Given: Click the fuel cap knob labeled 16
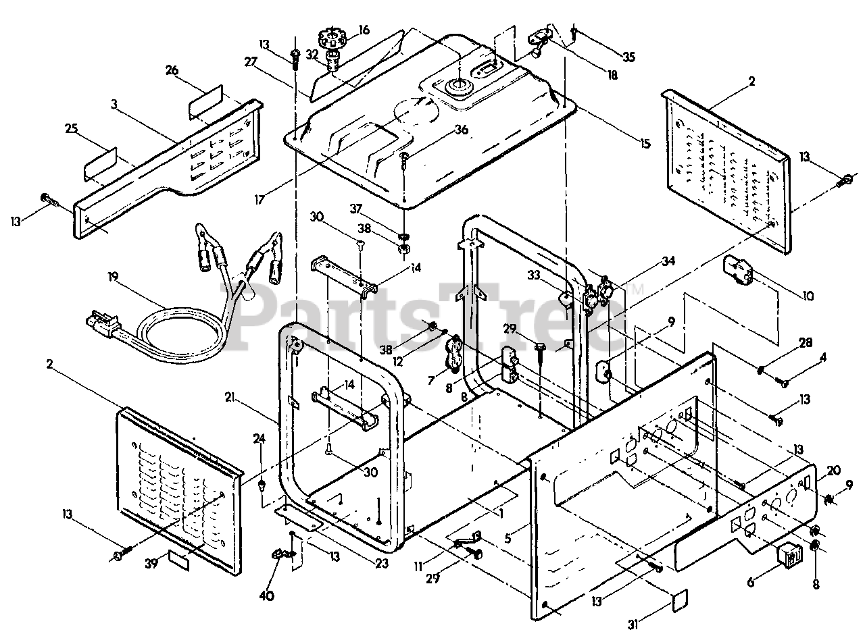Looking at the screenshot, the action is tap(331, 38).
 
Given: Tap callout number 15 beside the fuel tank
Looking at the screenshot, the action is tap(644, 144).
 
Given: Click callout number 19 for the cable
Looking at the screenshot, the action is tap(113, 277).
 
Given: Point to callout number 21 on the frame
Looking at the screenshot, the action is tap(230, 398).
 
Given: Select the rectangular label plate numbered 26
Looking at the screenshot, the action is tap(205, 101).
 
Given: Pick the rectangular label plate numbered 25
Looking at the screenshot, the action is tap(100, 164).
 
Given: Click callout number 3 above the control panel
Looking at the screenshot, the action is tap(114, 104).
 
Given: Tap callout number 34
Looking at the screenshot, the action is tap(668, 262).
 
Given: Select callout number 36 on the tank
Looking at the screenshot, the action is tap(461, 130).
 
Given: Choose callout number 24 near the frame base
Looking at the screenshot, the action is tap(259, 438).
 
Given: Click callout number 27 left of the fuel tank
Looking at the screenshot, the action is tap(251, 61).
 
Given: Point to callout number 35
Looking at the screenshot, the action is tap(628, 57).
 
